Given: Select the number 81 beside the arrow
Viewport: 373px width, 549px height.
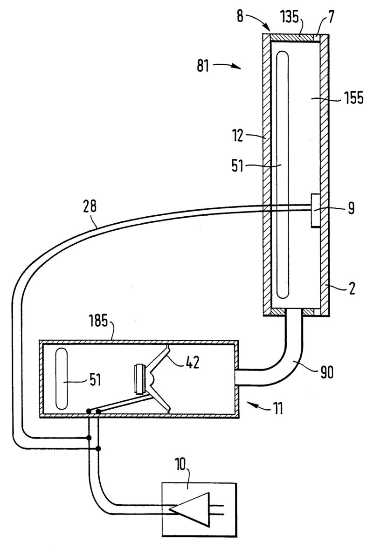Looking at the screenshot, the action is click(203, 65).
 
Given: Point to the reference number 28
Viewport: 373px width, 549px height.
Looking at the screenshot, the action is click(90, 206).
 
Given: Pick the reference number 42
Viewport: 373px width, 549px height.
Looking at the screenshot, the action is click(192, 363).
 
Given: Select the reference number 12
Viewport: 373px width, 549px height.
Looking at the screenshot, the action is click(237, 136).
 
